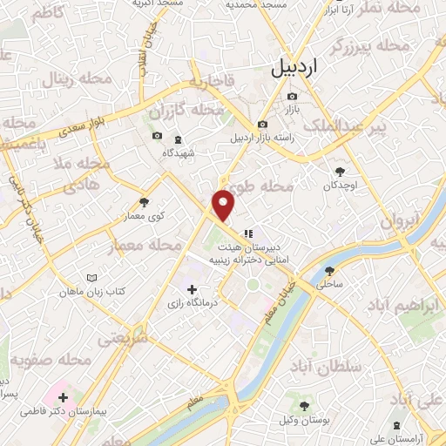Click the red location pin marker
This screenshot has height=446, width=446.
[224, 204]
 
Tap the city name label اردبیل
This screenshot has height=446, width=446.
[295, 66]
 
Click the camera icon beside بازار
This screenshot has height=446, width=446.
[292, 96]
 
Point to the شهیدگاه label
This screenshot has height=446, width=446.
[180, 152]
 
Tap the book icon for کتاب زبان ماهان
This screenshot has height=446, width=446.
[92, 278]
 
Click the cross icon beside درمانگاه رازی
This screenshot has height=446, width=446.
[192, 288]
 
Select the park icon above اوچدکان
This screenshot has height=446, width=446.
[340, 171]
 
